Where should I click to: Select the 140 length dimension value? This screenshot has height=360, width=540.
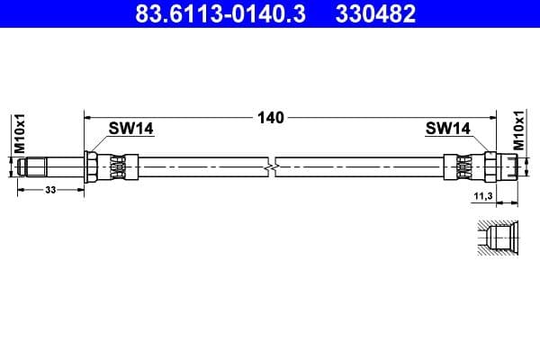(x=271, y=117)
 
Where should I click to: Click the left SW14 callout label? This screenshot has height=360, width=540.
(x=131, y=129)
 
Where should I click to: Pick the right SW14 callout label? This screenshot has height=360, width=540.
(x=447, y=129)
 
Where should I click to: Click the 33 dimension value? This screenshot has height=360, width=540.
(x=50, y=190)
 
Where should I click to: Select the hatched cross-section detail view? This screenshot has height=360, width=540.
(x=496, y=238)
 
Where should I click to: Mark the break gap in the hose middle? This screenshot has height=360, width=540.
(x=273, y=166)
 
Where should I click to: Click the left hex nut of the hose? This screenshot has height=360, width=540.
(x=92, y=166)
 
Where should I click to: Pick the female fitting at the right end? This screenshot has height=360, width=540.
(x=508, y=166)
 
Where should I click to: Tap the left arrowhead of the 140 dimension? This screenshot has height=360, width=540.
(x=88, y=117)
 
